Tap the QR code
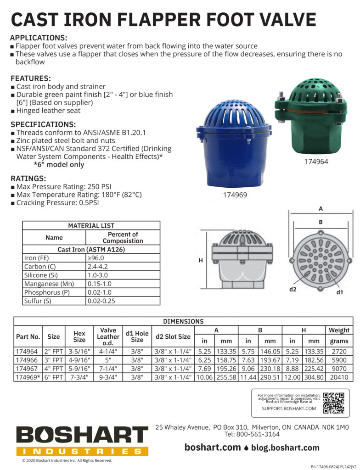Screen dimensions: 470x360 click(334, 403)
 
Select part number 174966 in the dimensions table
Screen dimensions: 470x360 click(28, 360)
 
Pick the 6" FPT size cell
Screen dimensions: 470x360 click(54, 377)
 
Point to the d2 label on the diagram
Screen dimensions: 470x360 click(293, 290)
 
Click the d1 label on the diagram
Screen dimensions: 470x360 click(340, 292)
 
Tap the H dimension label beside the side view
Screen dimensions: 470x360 click(200, 260)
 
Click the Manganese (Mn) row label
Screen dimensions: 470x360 click(49, 284)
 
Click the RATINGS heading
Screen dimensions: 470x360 click(28, 178)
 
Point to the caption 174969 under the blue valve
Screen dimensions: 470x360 click(235, 195)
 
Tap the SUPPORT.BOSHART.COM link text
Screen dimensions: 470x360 click(289, 408)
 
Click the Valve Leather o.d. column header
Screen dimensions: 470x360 click(109, 336)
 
